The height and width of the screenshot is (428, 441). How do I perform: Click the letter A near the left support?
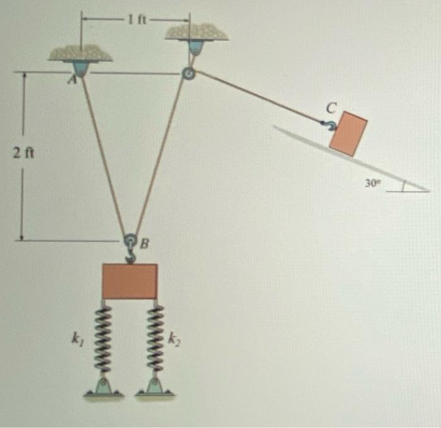tap(73, 80)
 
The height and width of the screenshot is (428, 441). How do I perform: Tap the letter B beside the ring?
tap(144, 243)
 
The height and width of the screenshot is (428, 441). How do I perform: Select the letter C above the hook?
tap(332, 108)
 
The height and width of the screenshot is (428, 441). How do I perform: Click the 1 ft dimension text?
tap(137, 20)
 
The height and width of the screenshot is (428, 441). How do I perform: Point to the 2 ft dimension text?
tap(23, 153)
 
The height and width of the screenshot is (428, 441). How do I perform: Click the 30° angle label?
tap(373, 183)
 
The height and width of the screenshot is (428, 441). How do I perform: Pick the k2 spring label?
tap(175, 339)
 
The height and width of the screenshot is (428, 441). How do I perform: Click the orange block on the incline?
tap(348, 134)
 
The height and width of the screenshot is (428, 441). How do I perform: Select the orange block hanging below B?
tap(130, 281)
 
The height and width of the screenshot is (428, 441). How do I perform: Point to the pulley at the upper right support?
tap(188, 74)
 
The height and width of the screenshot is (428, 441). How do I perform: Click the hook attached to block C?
tap(328, 125)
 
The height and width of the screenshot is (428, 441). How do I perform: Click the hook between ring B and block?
tap(130, 256)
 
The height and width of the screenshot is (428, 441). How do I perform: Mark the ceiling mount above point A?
tap(81, 61)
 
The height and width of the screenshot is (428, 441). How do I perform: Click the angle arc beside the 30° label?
tap(403, 186)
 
